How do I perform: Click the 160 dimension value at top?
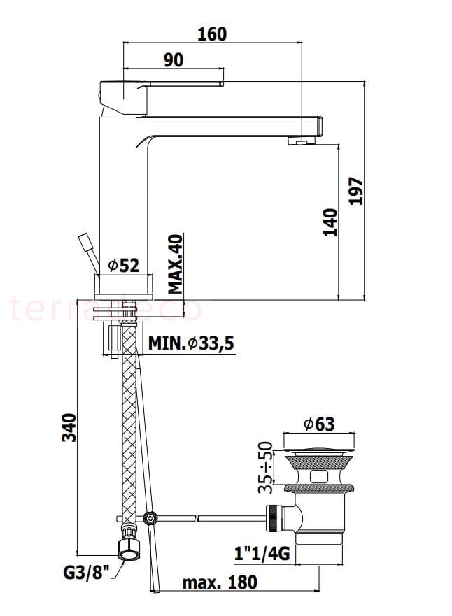click(x=212, y=34)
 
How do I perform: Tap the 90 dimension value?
click(x=174, y=60)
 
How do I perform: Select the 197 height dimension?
click(x=357, y=191)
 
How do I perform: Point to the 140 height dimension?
click(x=330, y=222)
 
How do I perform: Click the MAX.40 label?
click(x=176, y=264)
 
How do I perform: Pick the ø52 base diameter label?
click(x=124, y=266)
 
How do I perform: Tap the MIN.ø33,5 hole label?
click(x=191, y=343)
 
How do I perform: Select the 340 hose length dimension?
click(x=69, y=428)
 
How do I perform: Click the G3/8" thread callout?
click(x=85, y=573)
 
